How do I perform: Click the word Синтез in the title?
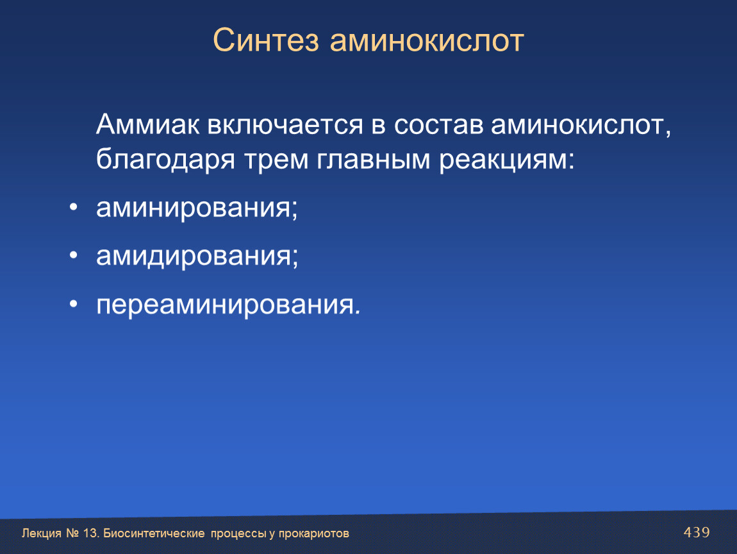(x=266, y=40)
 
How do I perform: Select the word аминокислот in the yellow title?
(x=427, y=41)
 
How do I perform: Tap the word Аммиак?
(x=147, y=124)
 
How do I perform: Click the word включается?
(x=285, y=125)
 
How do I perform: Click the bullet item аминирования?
(x=197, y=208)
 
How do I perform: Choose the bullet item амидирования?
(x=197, y=256)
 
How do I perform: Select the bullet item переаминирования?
(x=228, y=305)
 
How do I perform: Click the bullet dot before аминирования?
(x=73, y=207)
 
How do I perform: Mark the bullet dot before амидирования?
(x=73, y=255)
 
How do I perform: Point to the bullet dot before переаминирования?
(x=73, y=305)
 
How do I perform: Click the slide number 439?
(x=697, y=532)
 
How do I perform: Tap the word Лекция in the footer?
(x=42, y=533)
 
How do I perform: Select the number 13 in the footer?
(x=90, y=533)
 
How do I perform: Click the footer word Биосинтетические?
(x=154, y=533)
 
